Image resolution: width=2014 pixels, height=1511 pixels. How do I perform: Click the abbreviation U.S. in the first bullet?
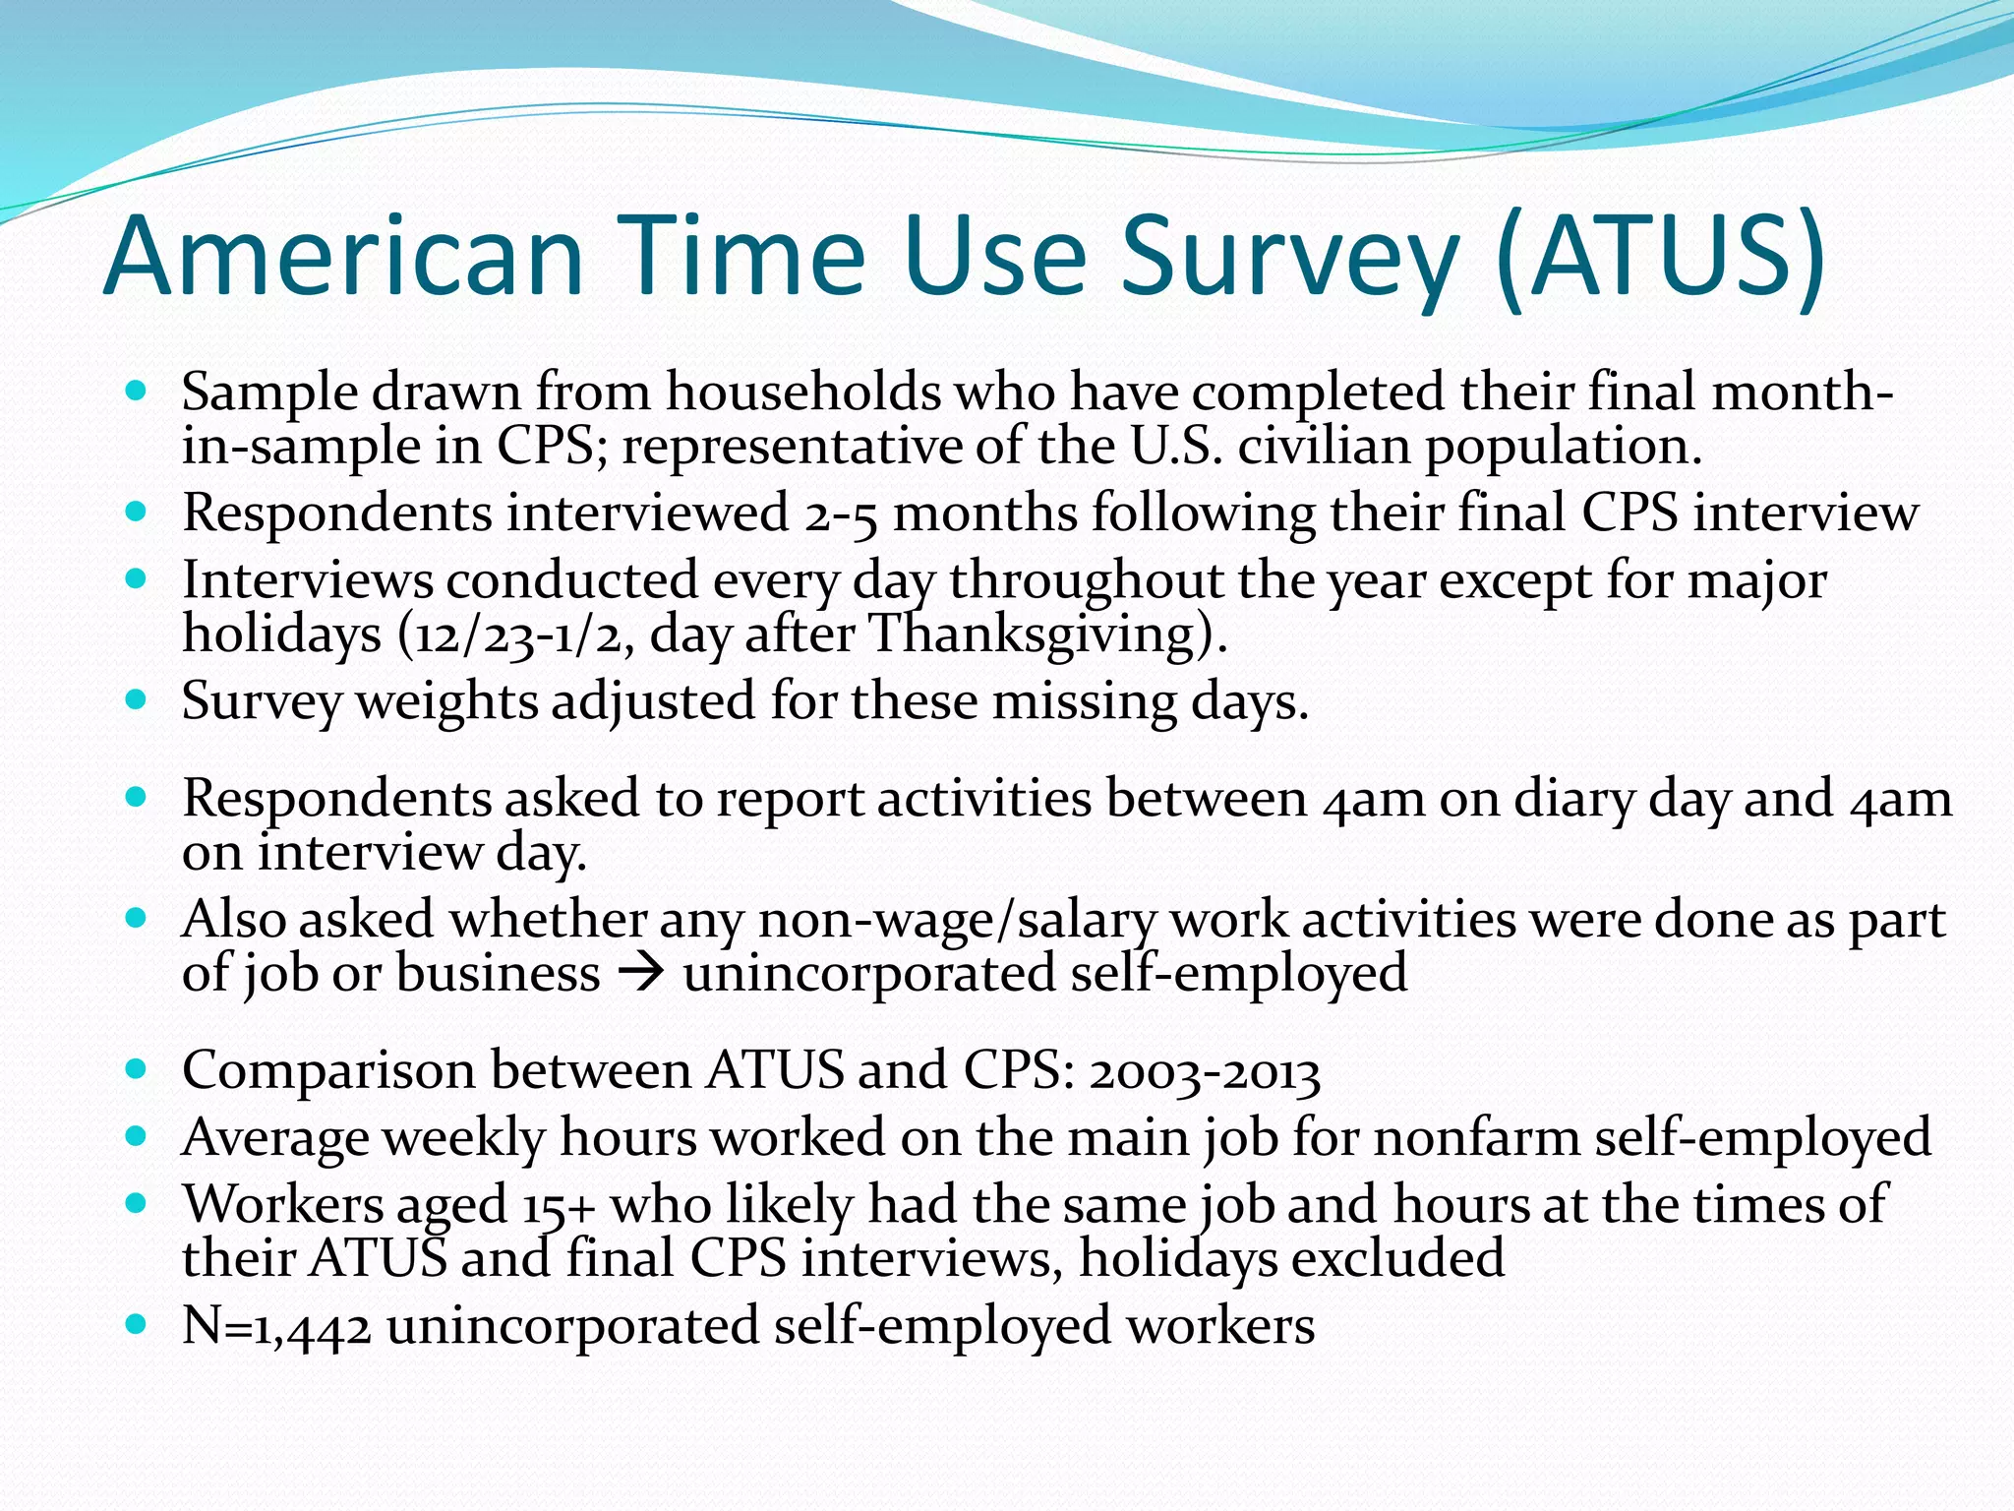coord(1176,446)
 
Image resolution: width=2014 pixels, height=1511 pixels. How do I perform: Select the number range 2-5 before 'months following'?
coord(840,514)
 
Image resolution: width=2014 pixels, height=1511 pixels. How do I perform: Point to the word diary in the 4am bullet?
coord(1572,798)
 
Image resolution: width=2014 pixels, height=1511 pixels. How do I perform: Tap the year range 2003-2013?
coord(1204,1071)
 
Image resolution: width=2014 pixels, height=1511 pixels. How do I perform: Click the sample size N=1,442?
coord(276,1326)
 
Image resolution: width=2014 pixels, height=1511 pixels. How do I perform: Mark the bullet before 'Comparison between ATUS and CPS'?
coord(137,1069)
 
